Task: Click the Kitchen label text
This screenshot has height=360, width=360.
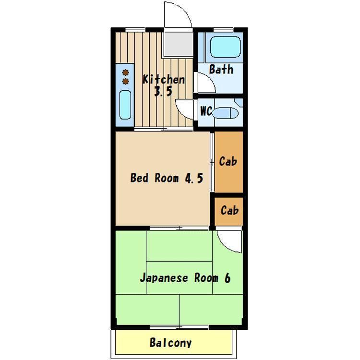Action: click(x=164, y=79)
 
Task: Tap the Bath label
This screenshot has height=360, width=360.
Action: click(x=221, y=69)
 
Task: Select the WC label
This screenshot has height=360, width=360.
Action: click(x=206, y=111)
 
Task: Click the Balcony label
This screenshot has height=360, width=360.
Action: click(x=170, y=343)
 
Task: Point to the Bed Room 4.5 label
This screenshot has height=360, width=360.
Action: click(x=167, y=178)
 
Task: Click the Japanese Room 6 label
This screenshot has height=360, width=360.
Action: click(x=185, y=278)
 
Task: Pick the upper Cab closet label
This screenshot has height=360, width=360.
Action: click(x=228, y=161)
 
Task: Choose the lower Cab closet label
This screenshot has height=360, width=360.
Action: click(x=229, y=210)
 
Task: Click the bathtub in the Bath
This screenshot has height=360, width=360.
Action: click(x=225, y=47)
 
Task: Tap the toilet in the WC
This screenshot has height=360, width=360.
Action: click(x=225, y=113)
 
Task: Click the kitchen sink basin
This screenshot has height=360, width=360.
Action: click(x=125, y=105)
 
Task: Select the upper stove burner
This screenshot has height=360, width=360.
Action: click(x=125, y=72)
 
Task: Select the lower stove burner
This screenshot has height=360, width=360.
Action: click(x=125, y=81)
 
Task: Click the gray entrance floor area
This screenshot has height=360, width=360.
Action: click(x=178, y=44)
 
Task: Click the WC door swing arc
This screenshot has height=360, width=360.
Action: click(x=180, y=112)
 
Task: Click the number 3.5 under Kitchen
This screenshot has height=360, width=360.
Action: click(x=163, y=91)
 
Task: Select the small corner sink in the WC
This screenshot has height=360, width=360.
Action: click(x=239, y=102)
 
